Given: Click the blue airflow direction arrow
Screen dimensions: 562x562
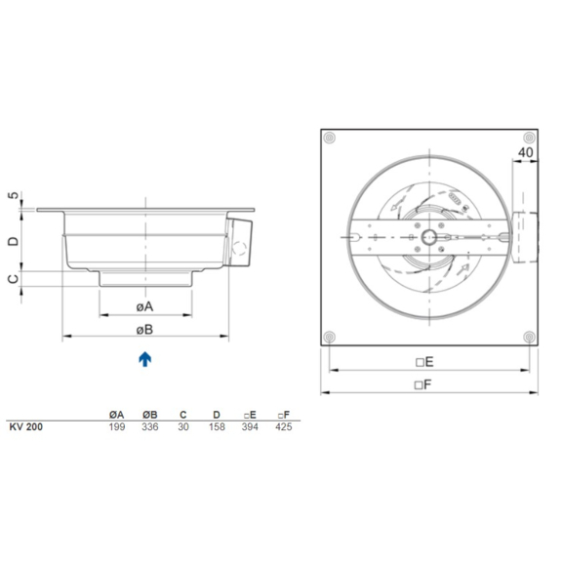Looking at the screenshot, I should [145, 359].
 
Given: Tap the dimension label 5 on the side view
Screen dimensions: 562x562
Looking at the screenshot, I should [14, 197].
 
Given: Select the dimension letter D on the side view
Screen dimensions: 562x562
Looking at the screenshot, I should [14, 239].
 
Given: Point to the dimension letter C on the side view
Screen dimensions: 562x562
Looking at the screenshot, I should [14, 278].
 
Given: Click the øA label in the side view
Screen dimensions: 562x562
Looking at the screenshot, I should [145, 306].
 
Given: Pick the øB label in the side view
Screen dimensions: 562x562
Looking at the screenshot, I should [145, 328].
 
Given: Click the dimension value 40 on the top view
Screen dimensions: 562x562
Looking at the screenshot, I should [525, 153].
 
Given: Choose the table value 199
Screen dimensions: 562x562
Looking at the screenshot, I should [116, 426].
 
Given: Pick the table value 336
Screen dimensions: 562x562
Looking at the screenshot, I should [149, 426].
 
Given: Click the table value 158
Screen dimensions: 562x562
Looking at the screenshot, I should [216, 426].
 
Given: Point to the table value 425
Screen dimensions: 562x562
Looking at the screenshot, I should [284, 426].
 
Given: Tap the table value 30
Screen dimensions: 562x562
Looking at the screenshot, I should [182, 426].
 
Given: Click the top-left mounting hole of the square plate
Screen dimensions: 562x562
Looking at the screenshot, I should [332, 137].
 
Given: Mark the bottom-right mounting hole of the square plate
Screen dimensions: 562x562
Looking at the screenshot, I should [528, 336].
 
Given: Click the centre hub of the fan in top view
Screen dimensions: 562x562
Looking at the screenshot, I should [429, 236].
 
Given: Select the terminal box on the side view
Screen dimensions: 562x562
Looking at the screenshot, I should [241, 240].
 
